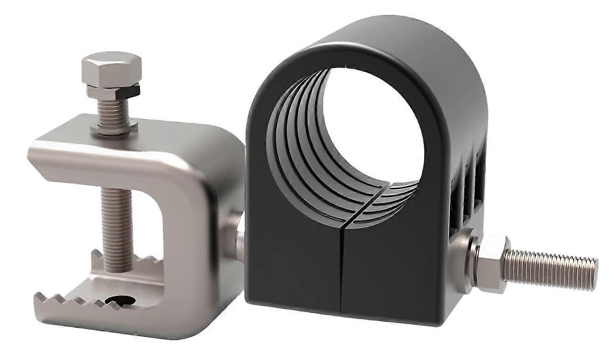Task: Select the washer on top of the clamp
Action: (x=114, y=127)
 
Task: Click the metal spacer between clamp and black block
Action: (x=235, y=238)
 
